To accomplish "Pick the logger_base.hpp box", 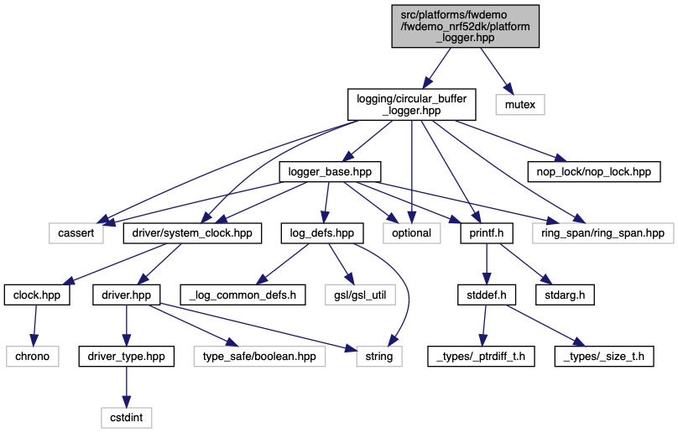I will click(329, 172).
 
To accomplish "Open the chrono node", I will click(36, 356).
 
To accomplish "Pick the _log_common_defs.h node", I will click(252, 295).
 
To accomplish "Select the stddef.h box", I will click(486, 295).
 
